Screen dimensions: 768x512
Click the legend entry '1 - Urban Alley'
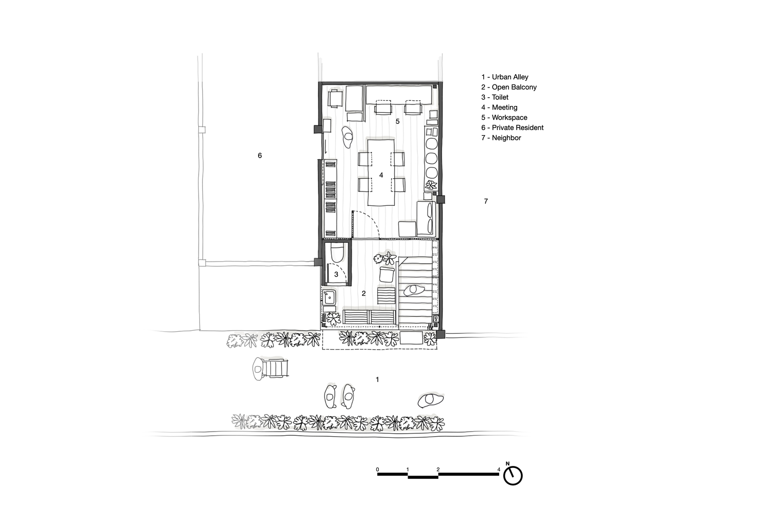[x=505, y=77]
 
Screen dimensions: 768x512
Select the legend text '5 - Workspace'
[x=504, y=118]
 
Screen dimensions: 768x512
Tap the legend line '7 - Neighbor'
[x=501, y=138]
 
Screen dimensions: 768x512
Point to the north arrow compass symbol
[x=513, y=475]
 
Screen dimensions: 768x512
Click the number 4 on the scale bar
[x=499, y=470]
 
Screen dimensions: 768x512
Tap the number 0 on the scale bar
[x=377, y=470]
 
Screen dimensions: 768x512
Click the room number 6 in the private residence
[x=260, y=156]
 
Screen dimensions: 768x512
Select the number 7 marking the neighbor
[x=486, y=201]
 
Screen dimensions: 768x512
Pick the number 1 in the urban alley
[x=377, y=379]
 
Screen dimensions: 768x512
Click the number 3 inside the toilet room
[x=336, y=274]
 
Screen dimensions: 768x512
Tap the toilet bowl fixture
[x=337, y=253]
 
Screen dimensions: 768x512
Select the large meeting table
[x=381, y=172]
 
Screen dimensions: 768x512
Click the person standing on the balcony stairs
[x=414, y=290]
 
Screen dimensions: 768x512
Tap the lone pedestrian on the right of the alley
[x=431, y=400]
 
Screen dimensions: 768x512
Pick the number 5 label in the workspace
[x=398, y=121]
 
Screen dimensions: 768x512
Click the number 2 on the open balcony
[x=364, y=293]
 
